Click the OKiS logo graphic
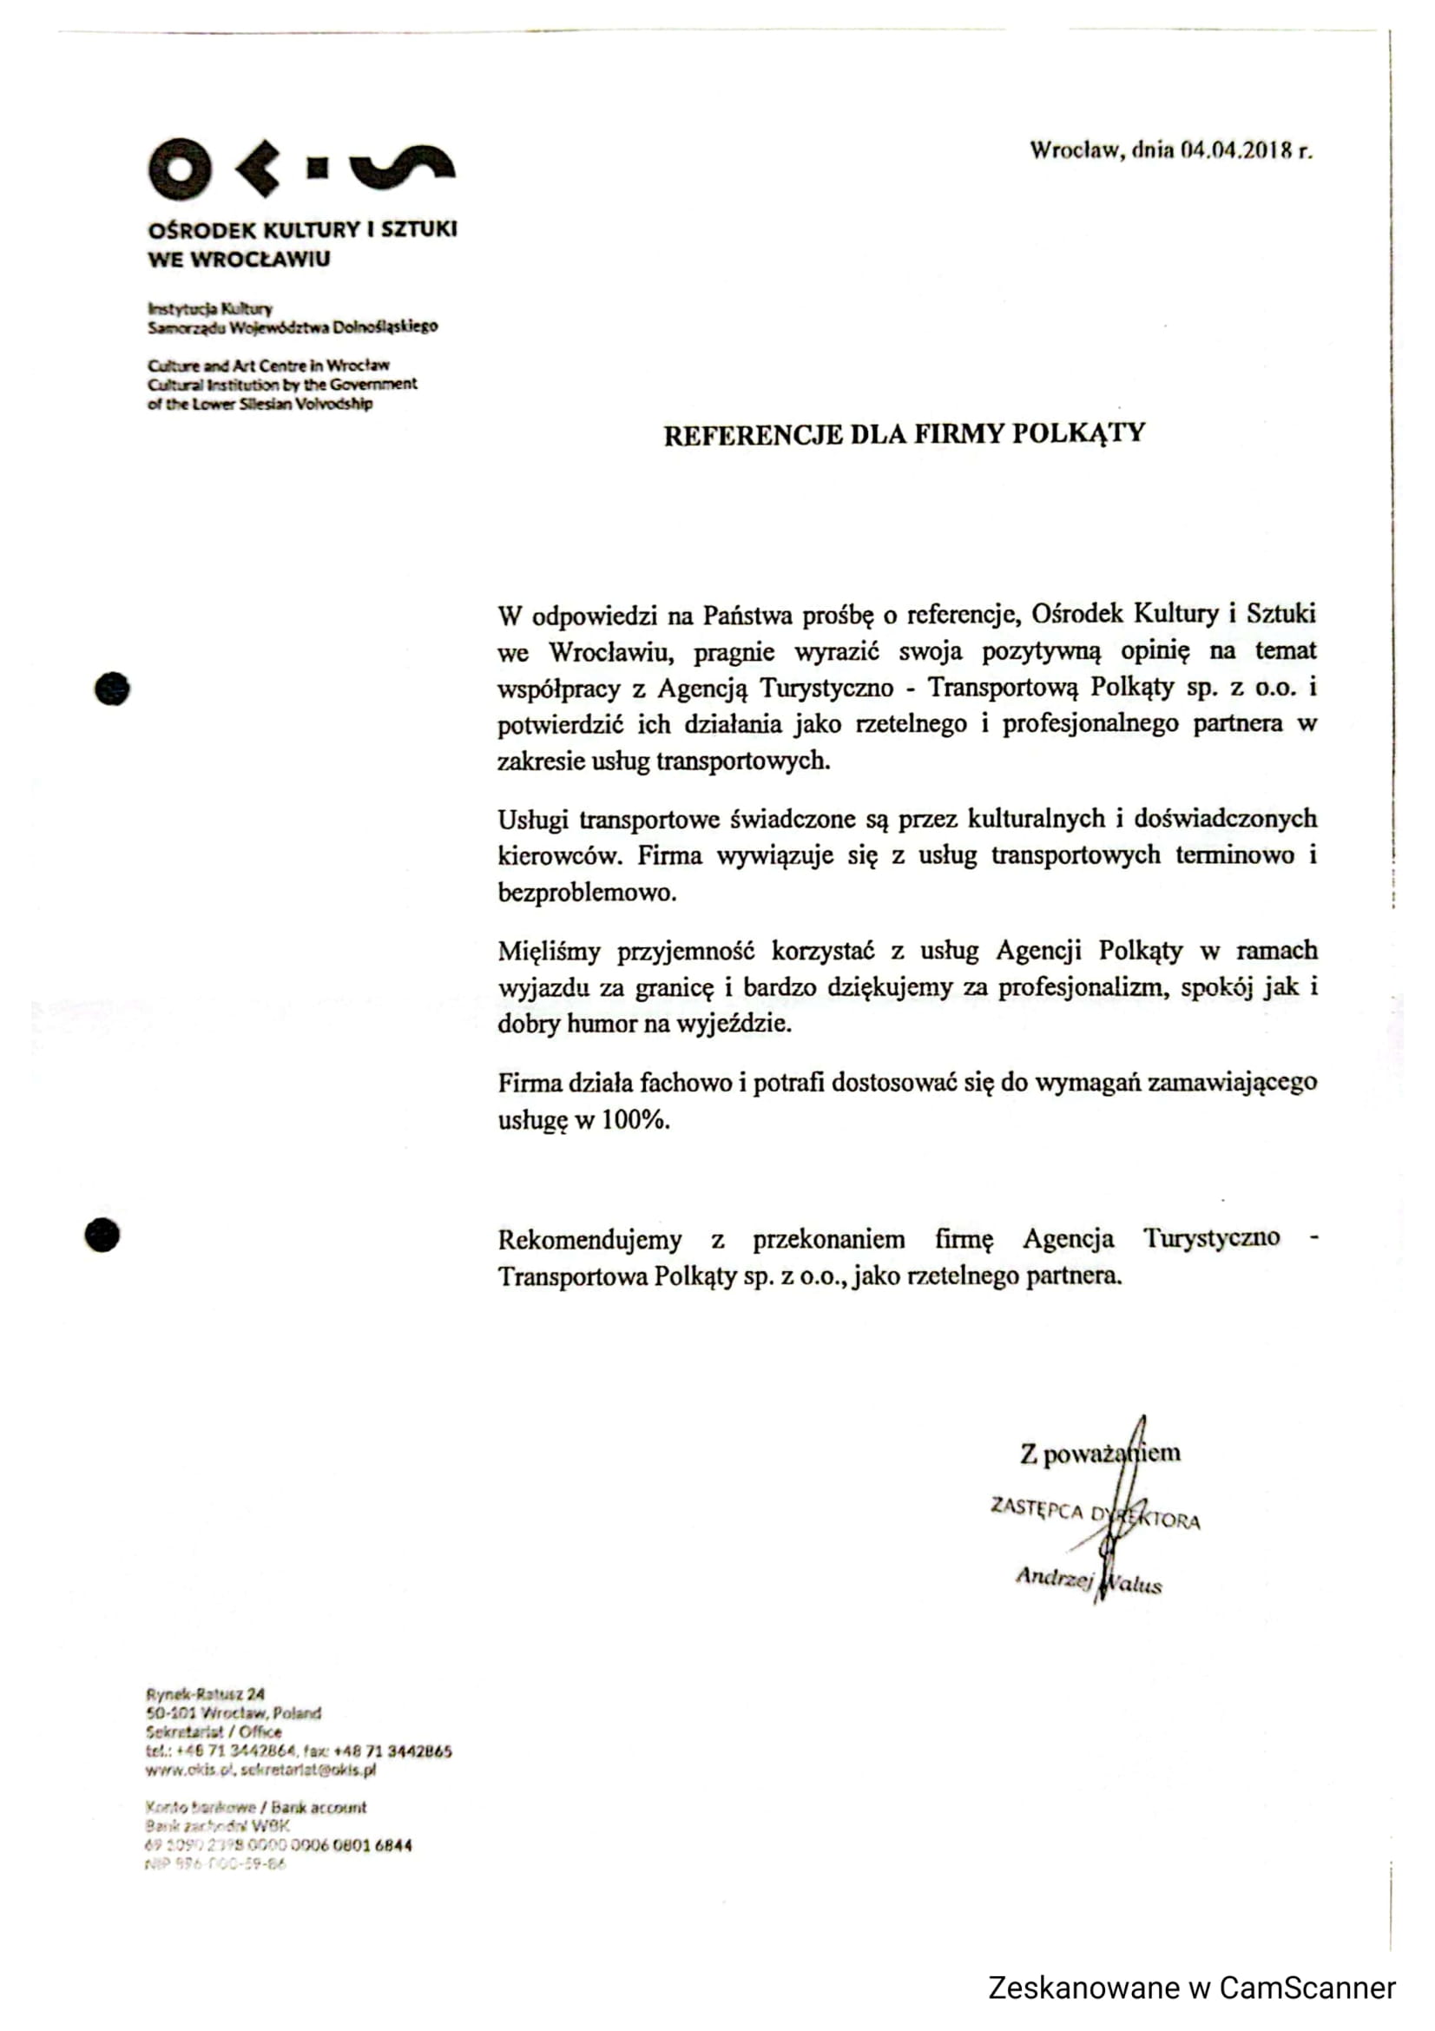(x=300, y=168)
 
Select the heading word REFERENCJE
(x=752, y=435)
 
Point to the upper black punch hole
(x=112, y=689)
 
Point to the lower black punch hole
(x=102, y=1235)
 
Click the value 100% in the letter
(x=635, y=1120)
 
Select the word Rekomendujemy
(x=589, y=1239)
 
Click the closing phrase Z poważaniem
(x=1099, y=1454)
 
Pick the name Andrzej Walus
(x=1088, y=1579)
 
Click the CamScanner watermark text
(x=1191, y=1988)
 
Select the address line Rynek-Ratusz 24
(x=205, y=1695)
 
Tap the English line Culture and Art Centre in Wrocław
(x=268, y=366)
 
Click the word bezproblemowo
(x=587, y=893)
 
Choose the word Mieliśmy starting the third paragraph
(x=549, y=952)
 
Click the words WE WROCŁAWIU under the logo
(x=239, y=260)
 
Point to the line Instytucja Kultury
(x=210, y=309)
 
